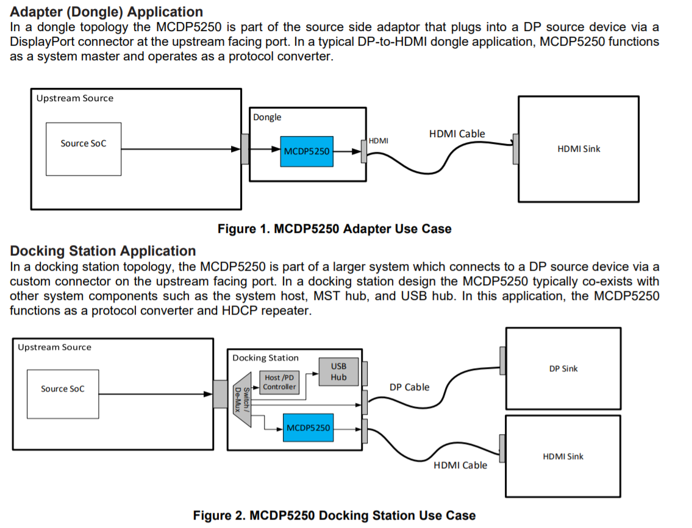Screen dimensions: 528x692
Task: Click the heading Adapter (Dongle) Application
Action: tap(107, 12)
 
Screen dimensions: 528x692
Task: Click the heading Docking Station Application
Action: tap(103, 251)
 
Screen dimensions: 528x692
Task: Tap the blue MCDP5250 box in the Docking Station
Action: tap(308, 427)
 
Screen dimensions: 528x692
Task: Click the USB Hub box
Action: tap(338, 371)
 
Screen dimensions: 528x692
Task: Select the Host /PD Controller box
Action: tap(279, 382)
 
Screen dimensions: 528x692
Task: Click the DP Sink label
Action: tap(563, 368)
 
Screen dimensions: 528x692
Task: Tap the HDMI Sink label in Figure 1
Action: tap(579, 149)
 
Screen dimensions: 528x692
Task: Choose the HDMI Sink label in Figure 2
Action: tap(563, 456)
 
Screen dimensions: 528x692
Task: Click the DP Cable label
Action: tap(409, 387)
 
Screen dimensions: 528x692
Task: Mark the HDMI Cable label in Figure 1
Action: tap(457, 134)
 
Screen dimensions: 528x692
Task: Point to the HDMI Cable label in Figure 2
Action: tap(460, 465)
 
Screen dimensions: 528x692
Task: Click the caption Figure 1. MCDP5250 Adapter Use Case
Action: tap(334, 229)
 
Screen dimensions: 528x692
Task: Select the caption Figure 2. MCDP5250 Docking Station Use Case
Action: tap(334, 515)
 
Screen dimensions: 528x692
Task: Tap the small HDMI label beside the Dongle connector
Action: tap(379, 141)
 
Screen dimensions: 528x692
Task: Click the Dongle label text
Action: tap(267, 117)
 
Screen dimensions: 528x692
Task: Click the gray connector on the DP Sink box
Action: tap(503, 361)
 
